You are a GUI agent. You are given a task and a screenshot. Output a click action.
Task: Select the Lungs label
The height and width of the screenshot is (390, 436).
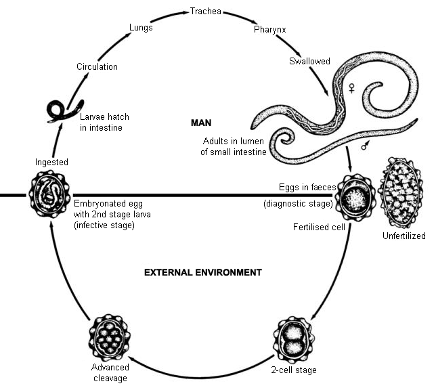(x=141, y=27)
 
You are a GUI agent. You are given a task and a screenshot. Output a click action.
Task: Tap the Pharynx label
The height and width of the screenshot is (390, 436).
(x=269, y=30)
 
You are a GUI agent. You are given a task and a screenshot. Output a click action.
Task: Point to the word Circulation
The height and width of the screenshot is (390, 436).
(x=97, y=66)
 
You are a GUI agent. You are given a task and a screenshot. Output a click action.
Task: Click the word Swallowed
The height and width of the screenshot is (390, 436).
(x=310, y=62)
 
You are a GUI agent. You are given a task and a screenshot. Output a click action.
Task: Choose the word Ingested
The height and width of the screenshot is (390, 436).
(x=52, y=162)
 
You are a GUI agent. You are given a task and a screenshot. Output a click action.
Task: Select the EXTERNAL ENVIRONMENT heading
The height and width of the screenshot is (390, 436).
(x=202, y=272)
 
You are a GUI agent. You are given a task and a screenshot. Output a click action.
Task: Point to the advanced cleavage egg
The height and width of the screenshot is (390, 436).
(x=109, y=343)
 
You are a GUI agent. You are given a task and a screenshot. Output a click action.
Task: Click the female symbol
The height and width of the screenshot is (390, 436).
(x=351, y=87)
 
